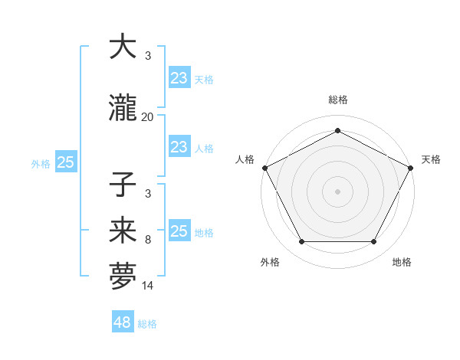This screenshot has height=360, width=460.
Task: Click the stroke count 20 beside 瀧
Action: [147, 117]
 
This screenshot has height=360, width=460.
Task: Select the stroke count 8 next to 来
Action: [147, 240]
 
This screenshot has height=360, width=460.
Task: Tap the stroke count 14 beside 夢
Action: [147, 286]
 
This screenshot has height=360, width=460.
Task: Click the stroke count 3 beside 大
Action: [147, 56]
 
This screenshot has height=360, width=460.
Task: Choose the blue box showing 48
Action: [123, 322]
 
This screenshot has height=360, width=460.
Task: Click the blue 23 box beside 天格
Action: [179, 77]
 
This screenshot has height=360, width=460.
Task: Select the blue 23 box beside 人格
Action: [179, 147]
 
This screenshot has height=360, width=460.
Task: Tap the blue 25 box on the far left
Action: [65, 162]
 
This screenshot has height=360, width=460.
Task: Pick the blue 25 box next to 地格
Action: [179, 231]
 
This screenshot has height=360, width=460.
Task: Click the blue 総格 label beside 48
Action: [147, 324]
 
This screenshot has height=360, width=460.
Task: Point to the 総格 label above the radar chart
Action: [337, 100]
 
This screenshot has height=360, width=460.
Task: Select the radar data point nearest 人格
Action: [264, 167]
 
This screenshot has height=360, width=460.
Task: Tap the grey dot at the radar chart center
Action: [337, 191]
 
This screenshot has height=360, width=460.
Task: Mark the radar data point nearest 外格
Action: [301, 242]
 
